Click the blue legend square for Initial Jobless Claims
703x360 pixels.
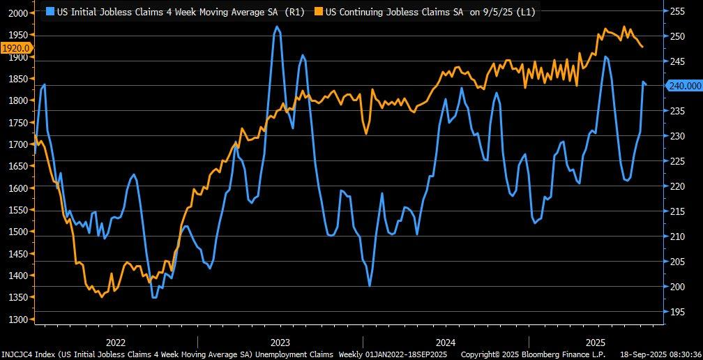point(50,11)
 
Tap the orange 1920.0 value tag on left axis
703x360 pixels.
point(15,48)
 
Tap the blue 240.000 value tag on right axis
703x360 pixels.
point(684,86)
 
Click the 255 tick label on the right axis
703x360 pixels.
point(677,11)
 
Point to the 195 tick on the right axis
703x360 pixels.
point(677,312)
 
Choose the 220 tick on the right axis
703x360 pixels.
point(677,186)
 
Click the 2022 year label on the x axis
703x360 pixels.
point(116,343)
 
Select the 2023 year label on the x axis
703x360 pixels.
point(280,343)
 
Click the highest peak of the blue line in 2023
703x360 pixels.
point(277,27)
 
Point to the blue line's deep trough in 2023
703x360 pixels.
point(369,285)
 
